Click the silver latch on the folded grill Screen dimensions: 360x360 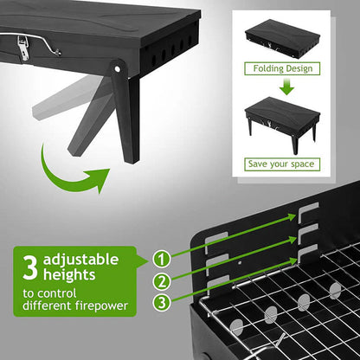23,48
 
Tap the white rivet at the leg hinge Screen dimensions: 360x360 117,68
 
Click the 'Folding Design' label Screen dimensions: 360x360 282,68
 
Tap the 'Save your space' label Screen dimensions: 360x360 282,164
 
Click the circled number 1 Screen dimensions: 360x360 162,260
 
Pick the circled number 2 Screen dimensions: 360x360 162,281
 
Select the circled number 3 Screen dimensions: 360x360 162,303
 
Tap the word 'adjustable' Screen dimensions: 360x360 80,260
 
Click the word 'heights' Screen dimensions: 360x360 69,274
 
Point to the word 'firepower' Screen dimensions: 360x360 101,305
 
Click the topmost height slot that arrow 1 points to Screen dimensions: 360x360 308,212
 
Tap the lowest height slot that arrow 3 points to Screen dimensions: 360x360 307,253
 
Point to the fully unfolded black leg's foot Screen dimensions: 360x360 132,158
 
